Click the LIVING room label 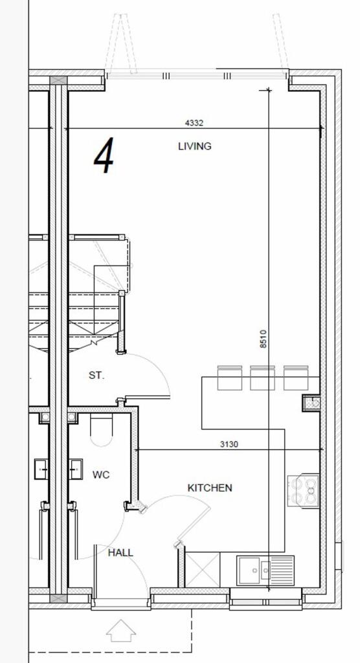194,146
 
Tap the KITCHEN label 210,488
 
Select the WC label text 101,475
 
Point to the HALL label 120,552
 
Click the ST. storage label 96,375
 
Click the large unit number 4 104,157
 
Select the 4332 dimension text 198,122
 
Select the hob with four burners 303,491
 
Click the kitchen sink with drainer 265,570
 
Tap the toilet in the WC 101,431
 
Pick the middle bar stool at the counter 262,377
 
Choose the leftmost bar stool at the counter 229,377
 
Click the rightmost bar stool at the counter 295,377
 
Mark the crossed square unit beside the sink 202,570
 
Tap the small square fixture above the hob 311,403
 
